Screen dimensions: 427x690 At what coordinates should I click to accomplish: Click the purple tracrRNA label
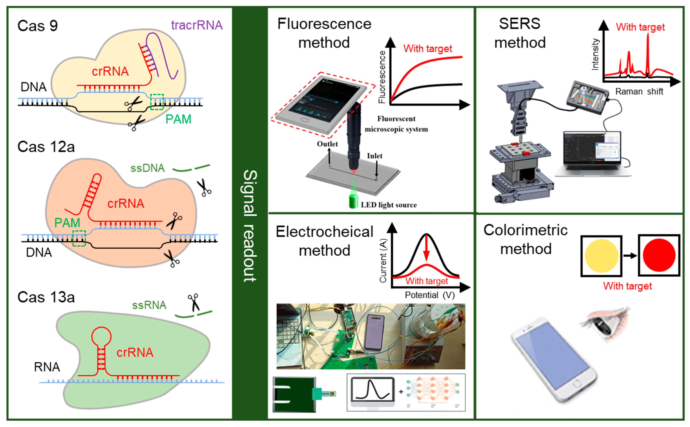[197, 25]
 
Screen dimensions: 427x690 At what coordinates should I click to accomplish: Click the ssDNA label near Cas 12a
[147, 168]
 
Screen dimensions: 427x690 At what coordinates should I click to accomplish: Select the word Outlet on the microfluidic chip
[327, 144]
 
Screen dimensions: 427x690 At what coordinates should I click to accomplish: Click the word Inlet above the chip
[375, 156]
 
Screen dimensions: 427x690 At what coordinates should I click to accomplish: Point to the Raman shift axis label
[639, 92]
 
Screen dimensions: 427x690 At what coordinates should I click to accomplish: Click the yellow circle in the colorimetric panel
[601, 256]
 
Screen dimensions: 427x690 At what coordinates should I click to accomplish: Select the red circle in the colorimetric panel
[659, 255]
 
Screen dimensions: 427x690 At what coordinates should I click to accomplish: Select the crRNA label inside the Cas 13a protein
[135, 352]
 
